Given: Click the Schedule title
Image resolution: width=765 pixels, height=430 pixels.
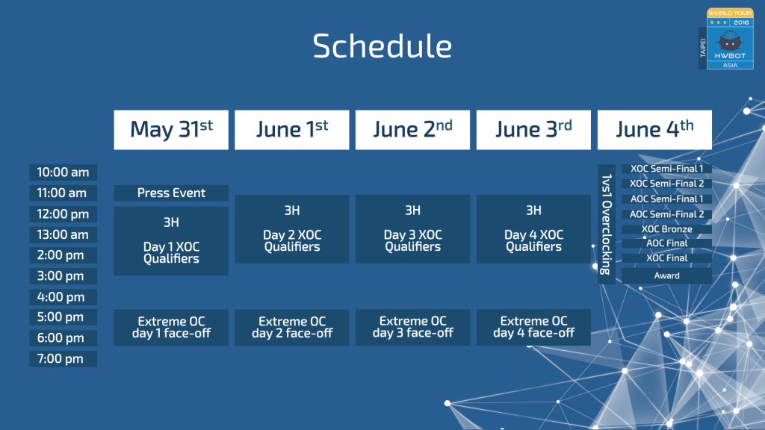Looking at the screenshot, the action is point(382,46).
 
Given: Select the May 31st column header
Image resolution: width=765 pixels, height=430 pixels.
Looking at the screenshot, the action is point(171,130).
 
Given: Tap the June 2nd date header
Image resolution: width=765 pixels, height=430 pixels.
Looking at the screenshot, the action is point(412,130).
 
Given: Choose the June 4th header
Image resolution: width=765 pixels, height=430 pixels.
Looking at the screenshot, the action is point(654,130).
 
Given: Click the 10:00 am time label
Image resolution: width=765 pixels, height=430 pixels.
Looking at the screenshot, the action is point(63,172).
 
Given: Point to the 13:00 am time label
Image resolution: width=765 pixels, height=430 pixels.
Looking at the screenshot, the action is point(63,234).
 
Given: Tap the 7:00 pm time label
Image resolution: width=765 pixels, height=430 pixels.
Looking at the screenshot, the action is point(63,359).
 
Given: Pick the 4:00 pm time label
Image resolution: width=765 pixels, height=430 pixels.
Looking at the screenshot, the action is point(63,297).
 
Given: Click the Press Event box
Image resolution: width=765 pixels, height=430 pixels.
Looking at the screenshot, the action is point(171,193).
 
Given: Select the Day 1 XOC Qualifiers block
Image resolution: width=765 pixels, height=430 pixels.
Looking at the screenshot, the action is point(171,241).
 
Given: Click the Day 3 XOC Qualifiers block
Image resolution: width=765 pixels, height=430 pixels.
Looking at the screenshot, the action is point(412,229).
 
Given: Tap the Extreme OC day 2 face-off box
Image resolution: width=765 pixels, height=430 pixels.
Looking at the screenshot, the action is point(292,328).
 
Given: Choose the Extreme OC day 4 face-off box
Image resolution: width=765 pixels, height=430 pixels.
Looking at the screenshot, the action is point(533,328).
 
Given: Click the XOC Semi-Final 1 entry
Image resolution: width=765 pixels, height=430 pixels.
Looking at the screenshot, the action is point(666,169).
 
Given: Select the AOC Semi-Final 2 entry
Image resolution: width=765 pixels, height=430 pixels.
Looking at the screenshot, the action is point(666,214).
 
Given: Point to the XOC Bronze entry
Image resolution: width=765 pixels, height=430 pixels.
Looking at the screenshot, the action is point(666,229).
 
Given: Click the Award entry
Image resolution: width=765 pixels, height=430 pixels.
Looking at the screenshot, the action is point(666,275).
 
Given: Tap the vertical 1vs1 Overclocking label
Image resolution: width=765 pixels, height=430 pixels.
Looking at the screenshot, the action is point(606,224).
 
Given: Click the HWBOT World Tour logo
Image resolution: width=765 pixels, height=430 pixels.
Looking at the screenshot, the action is point(726,39).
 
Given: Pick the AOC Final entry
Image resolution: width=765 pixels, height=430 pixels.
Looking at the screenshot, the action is point(666,243).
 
